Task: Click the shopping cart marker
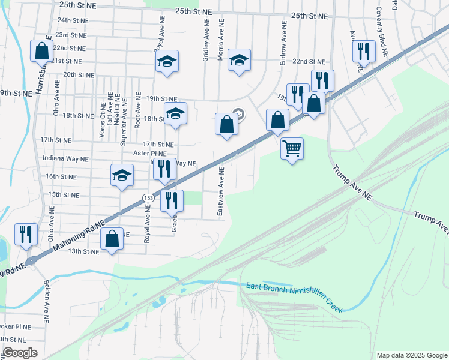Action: pyautogui.click(x=292, y=148)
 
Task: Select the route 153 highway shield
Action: pyautogui.click(x=147, y=197)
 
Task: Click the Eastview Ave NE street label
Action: pyautogui.click(x=221, y=192)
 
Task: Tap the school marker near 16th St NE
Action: pyautogui.click(x=122, y=175)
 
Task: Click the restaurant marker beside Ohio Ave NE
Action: pyautogui.click(x=26, y=234)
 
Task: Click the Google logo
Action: pyautogui.click(x=20, y=353)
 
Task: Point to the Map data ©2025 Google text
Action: pyautogui.click(x=411, y=355)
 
